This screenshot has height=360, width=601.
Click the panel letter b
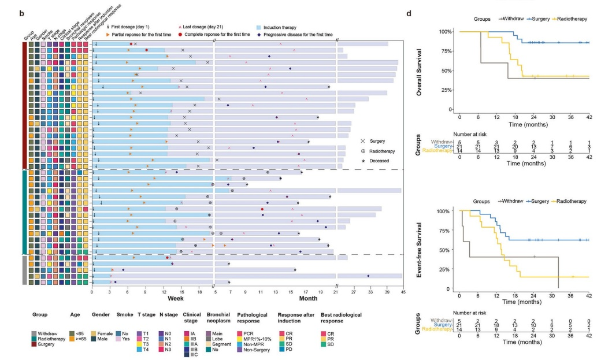click(21, 12)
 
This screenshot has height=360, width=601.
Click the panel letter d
click(410, 12)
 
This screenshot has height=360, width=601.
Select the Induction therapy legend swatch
click(259, 27)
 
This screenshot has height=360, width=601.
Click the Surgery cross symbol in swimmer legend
click(362, 141)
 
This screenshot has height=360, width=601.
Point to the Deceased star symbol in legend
click(362, 161)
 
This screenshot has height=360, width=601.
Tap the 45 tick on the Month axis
click(403, 292)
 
